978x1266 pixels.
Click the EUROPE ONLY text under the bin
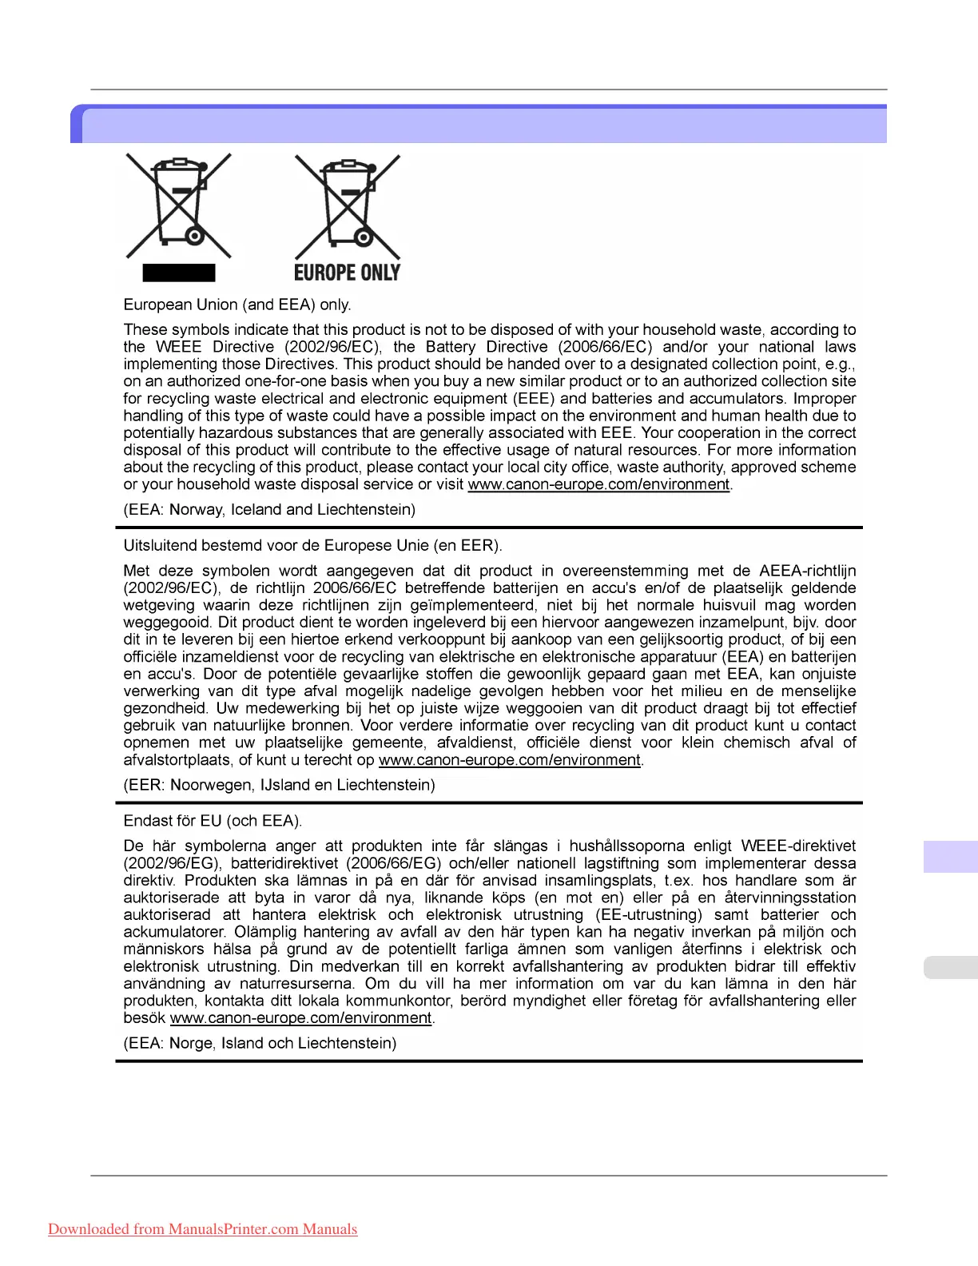tap(347, 273)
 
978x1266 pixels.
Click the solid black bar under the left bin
tap(179, 273)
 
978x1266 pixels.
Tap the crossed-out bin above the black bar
tap(179, 205)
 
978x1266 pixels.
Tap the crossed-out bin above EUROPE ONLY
tap(348, 205)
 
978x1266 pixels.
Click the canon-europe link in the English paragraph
tap(598, 484)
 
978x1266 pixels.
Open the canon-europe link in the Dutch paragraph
tap(509, 760)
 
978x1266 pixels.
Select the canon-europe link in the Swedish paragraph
tap(300, 1018)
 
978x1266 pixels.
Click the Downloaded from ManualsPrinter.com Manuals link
tap(203, 1229)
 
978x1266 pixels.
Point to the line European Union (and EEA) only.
tap(237, 305)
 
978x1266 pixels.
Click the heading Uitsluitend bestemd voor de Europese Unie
tap(312, 546)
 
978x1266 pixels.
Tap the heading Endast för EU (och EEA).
tap(213, 821)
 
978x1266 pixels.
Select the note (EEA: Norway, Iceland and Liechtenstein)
tap(269, 509)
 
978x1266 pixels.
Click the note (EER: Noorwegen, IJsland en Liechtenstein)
tap(279, 785)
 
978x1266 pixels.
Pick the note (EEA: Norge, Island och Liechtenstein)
tap(260, 1043)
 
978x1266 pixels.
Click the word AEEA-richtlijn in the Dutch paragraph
tap(807, 571)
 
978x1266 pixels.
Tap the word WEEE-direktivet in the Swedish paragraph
tap(798, 846)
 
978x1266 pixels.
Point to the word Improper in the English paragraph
tap(824, 398)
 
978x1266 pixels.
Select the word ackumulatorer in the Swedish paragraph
tap(175, 932)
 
